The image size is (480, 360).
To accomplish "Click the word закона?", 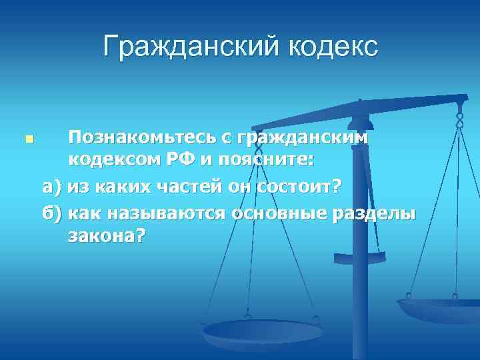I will pos(105,237).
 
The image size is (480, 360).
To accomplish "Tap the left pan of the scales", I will pos(262,331).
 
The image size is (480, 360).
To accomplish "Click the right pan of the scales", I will pos(439,309).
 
